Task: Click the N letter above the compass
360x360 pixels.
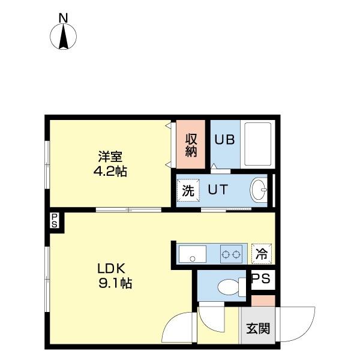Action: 64,18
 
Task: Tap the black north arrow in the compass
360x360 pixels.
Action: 64,37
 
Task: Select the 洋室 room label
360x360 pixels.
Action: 110,157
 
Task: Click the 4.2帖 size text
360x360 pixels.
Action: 110,171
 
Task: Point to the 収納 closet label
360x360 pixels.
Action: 191,145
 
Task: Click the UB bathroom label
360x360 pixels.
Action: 224,139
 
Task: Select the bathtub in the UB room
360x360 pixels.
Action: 258,144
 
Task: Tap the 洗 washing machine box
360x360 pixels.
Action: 188,190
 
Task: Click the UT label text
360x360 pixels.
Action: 218,190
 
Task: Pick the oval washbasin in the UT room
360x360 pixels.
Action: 259,190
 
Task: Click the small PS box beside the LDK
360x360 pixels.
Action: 55,221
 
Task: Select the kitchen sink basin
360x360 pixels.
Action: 193,254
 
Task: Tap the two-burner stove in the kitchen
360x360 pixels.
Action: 231,254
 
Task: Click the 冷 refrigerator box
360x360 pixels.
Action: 262,254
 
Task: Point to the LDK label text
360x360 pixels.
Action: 112,268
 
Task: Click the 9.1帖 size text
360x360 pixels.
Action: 115,283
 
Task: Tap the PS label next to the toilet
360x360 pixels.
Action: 261,278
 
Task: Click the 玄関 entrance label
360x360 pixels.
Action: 258,329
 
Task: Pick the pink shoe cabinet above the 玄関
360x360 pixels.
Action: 263,301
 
